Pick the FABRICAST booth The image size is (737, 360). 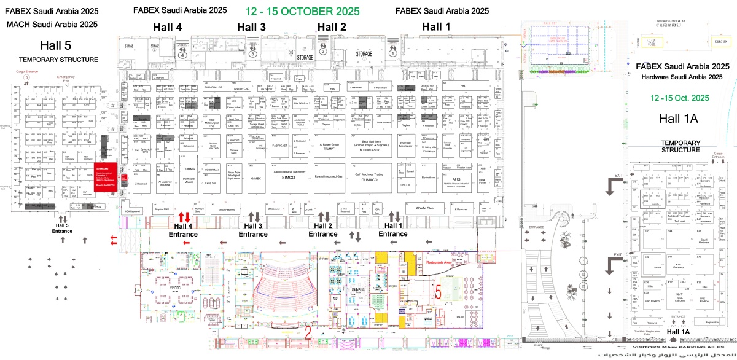(279, 146)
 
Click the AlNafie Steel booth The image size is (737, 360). (426, 208)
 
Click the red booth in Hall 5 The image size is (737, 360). (103, 178)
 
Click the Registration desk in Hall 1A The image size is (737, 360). (712, 321)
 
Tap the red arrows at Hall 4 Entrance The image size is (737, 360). (184, 217)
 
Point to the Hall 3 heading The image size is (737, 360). (252, 27)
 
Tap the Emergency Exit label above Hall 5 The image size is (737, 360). (66, 79)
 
